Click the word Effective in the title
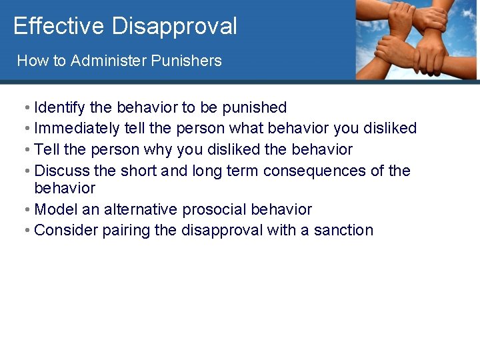click(59, 26)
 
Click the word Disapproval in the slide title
click(174, 26)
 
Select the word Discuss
click(61, 171)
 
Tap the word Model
click(55, 209)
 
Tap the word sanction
click(343, 231)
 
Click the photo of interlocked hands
click(417, 40)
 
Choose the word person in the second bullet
click(201, 128)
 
